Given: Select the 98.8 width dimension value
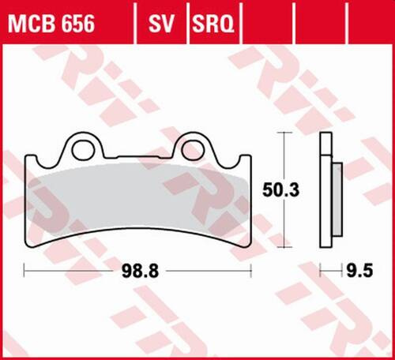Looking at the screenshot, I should (x=137, y=270).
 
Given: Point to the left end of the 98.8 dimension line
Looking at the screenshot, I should (x=25, y=270).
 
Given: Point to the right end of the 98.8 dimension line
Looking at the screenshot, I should (x=250, y=270).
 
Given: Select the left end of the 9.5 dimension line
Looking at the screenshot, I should (x=321, y=270).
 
